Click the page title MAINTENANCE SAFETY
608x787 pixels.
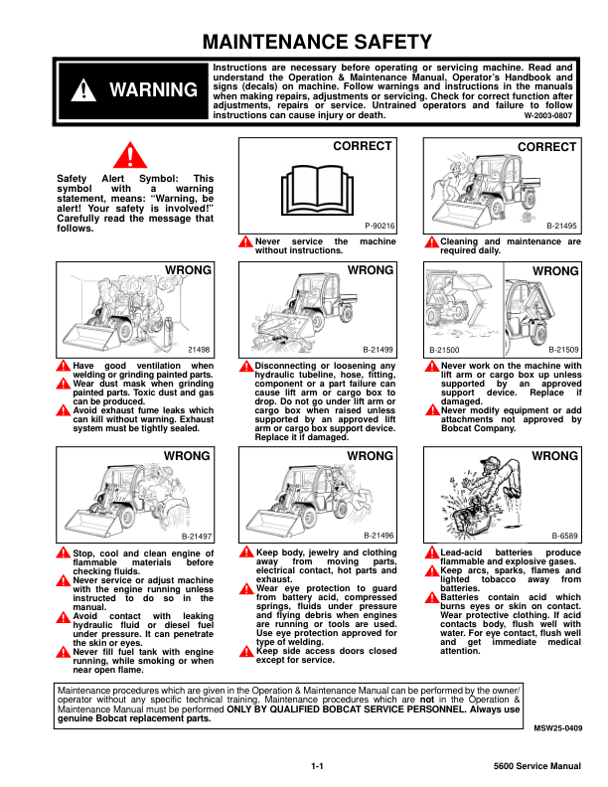click(317, 42)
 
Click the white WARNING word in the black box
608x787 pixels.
click(153, 90)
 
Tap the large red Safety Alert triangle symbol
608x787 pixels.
click(129, 156)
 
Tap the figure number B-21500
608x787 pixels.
click(445, 350)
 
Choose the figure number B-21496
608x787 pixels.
click(379, 535)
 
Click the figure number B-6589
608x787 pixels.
click(565, 535)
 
